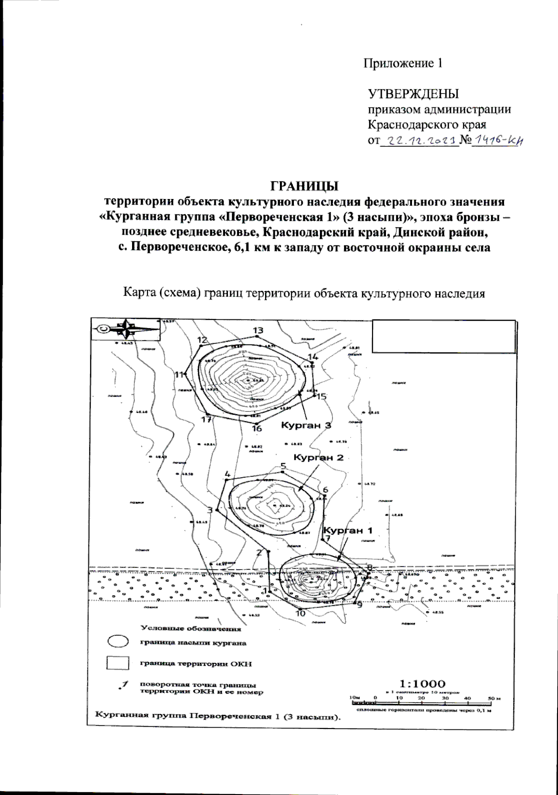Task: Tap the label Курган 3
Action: (x=306, y=425)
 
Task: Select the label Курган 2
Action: (x=319, y=457)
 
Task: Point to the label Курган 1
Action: (x=348, y=530)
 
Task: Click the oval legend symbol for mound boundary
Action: (x=118, y=641)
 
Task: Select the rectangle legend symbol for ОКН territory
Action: (x=117, y=662)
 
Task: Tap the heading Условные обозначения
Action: (x=191, y=629)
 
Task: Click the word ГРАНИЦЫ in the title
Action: (x=305, y=186)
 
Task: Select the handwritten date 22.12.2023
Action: (x=419, y=140)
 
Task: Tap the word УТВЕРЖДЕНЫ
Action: (x=413, y=94)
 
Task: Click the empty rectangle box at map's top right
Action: (x=444, y=337)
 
